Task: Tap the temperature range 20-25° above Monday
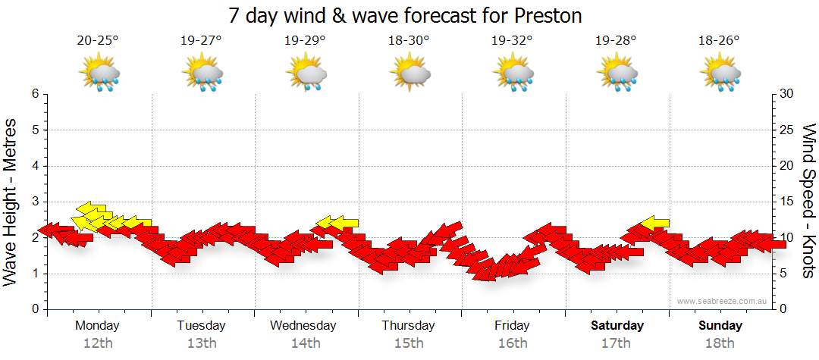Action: pyautogui.click(x=98, y=41)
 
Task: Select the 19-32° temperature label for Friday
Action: pyautogui.click(x=512, y=41)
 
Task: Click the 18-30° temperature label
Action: pyautogui.click(x=409, y=41)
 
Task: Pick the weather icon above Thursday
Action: pyautogui.click(x=410, y=74)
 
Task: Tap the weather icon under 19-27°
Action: pyautogui.click(x=202, y=74)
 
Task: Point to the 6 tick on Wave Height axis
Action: pyautogui.click(x=34, y=94)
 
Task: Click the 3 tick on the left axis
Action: pyautogui.click(x=34, y=202)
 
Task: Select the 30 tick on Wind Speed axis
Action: pyautogui.click(x=787, y=94)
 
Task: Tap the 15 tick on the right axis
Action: pyautogui.click(x=787, y=202)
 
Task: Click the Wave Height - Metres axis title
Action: pyautogui.click(x=11, y=202)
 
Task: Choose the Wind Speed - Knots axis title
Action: pyautogui.click(x=808, y=202)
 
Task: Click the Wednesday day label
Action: pyautogui.click(x=303, y=326)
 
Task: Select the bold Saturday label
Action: pyautogui.click(x=617, y=326)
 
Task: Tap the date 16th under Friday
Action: pyautogui.click(x=513, y=343)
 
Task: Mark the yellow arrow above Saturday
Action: pyautogui.click(x=654, y=224)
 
